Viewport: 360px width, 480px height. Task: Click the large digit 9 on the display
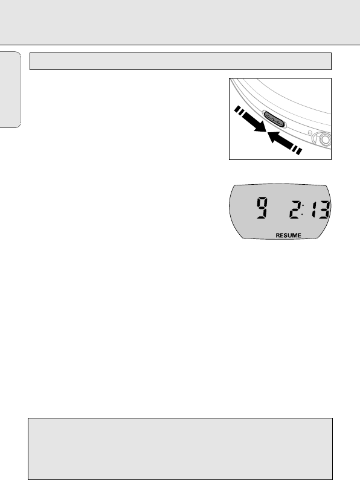click(x=262, y=208)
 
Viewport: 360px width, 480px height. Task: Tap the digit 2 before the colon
click(x=295, y=210)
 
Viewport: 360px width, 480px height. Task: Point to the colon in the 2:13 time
click(x=303, y=210)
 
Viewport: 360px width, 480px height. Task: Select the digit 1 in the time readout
click(x=313, y=210)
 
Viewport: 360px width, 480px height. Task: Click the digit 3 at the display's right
click(x=324, y=210)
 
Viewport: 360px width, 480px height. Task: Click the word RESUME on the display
click(x=288, y=235)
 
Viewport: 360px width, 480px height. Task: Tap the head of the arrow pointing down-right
click(x=260, y=126)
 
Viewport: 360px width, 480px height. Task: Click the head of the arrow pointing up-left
click(x=274, y=137)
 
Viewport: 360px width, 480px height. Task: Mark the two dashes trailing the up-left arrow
click(x=297, y=150)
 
